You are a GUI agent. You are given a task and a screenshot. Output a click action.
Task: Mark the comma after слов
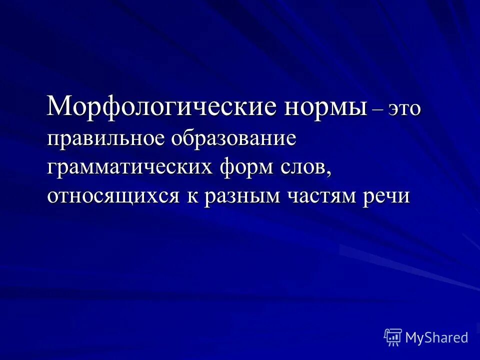(x=329, y=173)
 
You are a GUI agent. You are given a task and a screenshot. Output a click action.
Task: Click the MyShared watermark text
(x=436, y=337)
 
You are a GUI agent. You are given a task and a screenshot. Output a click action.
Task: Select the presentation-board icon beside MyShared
(x=393, y=337)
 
